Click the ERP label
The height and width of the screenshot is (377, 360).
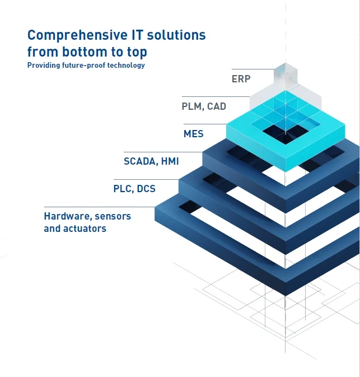(241, 79)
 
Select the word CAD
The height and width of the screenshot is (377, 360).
(217, 106)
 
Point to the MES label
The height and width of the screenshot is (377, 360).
(194, 134)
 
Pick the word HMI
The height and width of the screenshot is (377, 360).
(170, 161)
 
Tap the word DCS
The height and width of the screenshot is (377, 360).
(146, 189)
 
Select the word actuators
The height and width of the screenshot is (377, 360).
(85, 229)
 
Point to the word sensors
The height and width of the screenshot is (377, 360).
(113, 216)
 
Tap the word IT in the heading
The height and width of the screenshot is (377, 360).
(137, 35)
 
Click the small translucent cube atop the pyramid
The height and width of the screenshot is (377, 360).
(286, 74)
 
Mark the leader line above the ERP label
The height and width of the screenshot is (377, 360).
(253, 69)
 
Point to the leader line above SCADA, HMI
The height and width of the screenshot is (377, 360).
(163, 152)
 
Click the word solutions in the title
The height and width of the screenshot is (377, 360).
(176, 35)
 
